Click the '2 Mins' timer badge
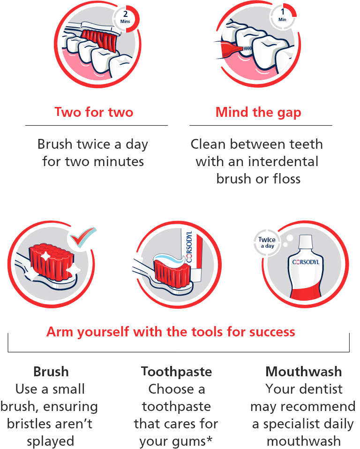pos(125,17)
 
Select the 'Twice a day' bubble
pos(267,243)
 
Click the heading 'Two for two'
pos(94,113)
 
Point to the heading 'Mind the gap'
pos(258,113)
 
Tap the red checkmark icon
pos(80,239)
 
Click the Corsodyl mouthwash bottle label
pos(306,262)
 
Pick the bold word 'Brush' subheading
pos(51,372)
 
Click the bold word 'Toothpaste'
pos(177,372)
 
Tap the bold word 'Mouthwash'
pos(304,372)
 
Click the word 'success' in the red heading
pos(272,332)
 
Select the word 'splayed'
pos(50,441)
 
